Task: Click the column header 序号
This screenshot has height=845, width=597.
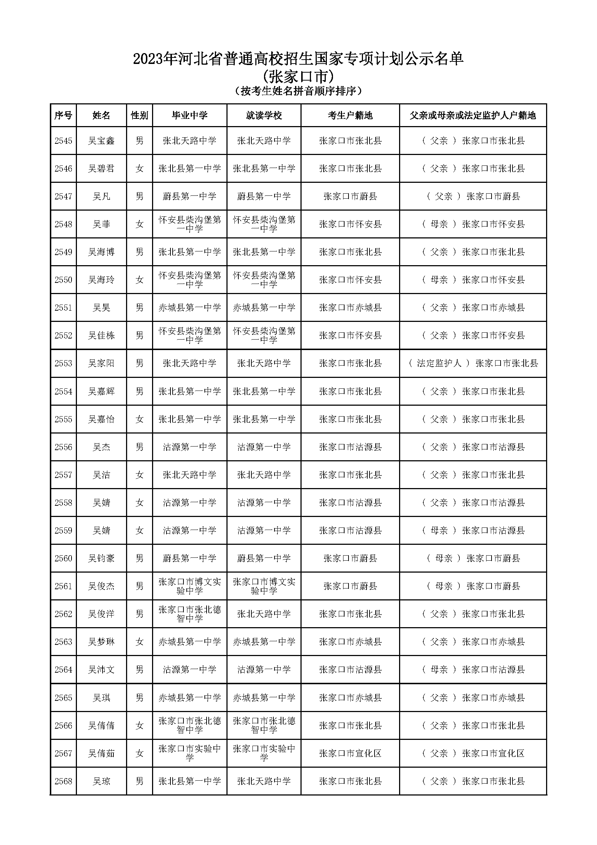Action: (63, 116)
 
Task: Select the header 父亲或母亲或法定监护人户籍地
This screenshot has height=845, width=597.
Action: (473, 116)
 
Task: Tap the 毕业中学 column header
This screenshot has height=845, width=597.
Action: (190, 116)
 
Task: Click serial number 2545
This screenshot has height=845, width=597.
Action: (63, 141)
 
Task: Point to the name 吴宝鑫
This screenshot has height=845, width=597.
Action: (101, 141)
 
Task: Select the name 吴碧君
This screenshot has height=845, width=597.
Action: (101, 169)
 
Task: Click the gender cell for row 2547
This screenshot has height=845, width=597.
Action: (139, 197)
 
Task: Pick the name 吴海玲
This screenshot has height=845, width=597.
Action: (101, 280)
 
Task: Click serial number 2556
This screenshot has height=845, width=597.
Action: (63, 447)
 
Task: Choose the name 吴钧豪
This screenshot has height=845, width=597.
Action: (101, 558)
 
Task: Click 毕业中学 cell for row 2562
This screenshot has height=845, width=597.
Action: (190, 614)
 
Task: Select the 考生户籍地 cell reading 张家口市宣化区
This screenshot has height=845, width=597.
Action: (350, 753)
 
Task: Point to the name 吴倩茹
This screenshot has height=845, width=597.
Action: (101, 753)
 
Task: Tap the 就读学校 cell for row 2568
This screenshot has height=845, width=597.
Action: (264, 781)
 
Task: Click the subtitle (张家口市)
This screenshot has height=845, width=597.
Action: (298, 77)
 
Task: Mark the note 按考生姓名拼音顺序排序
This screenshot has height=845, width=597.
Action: (298, 91)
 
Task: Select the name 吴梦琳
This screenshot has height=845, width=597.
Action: (101, 642)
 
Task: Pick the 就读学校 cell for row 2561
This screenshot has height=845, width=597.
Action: (264, 586)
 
